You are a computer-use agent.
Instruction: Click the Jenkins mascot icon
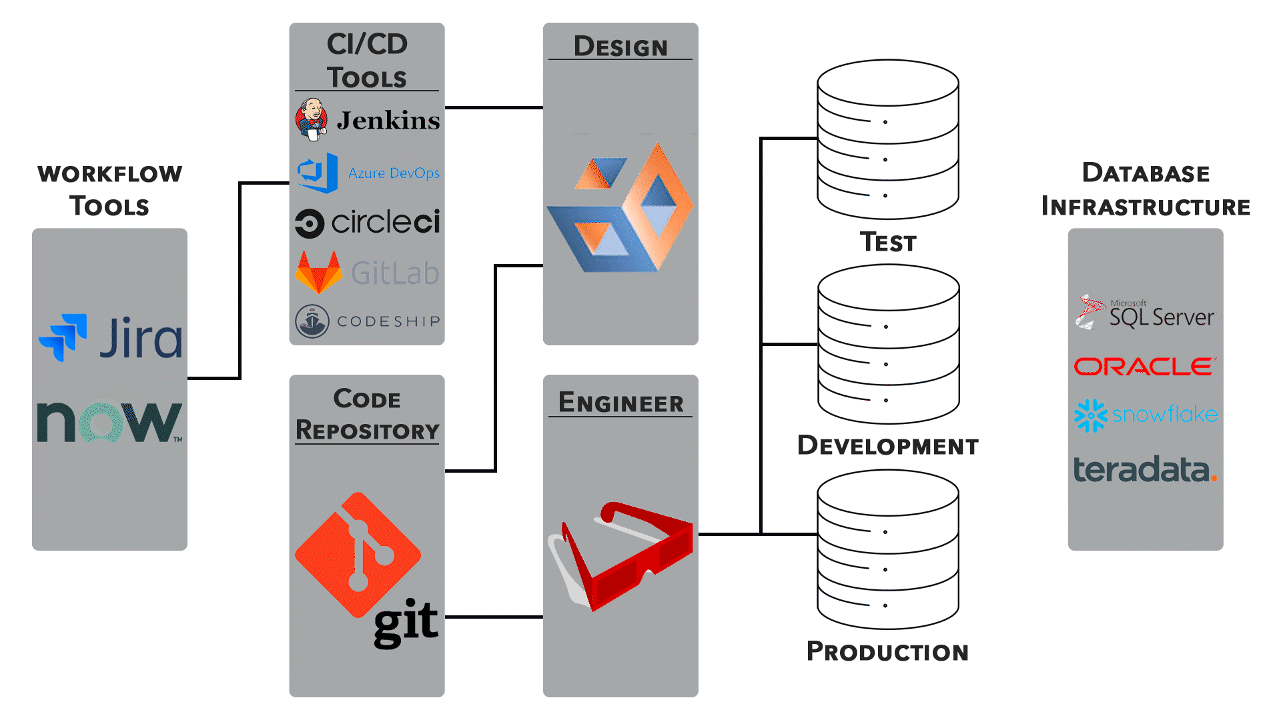(312, 120)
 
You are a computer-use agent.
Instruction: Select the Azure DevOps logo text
(394, 173)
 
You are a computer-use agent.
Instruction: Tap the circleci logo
(368, 223)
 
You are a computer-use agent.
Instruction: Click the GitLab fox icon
(319, 273)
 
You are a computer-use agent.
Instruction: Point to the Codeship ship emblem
(312, 321)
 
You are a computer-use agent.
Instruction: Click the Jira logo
(110, 338)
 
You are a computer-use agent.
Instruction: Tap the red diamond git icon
(358, 555)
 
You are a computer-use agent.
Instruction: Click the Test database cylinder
(888, 139)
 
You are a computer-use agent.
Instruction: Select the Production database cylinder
(888, 549)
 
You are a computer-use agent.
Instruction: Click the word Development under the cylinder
(888, 446)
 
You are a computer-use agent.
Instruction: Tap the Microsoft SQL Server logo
(1145, 313)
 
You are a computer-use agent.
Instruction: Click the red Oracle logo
(1145, 367)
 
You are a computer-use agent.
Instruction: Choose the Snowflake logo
(1145, 415)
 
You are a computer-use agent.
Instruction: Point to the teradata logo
(1145, 469)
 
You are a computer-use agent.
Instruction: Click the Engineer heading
(620, 403)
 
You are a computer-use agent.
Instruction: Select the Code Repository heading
(367, 415)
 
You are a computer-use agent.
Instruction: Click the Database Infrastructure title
(1146, 189)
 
